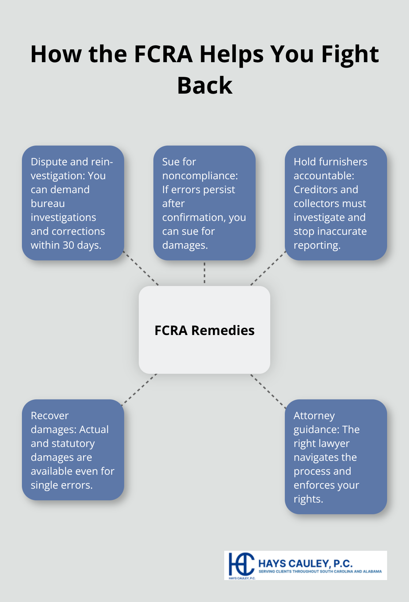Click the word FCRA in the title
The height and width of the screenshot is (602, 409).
[x=163, y=54]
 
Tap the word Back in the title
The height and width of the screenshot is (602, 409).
[x=204, y=86]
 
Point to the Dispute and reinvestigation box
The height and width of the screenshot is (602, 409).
[x=73, y=203]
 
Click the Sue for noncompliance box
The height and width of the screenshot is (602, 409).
[x=204, y=203]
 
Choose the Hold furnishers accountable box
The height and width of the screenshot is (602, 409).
[x=336, y=203]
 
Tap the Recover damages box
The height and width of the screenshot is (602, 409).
[x=73, y=450]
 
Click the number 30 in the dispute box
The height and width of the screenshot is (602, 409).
[x=68, y=245]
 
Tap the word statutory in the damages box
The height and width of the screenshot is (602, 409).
[x=73, y=443]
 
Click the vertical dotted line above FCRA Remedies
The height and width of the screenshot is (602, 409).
[x=204, y=273]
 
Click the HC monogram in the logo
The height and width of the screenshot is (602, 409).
[x=241, y=564]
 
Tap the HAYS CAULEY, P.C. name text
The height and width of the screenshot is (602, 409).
[x=305, y=563]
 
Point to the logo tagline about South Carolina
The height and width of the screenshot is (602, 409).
[x=320, y=571]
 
